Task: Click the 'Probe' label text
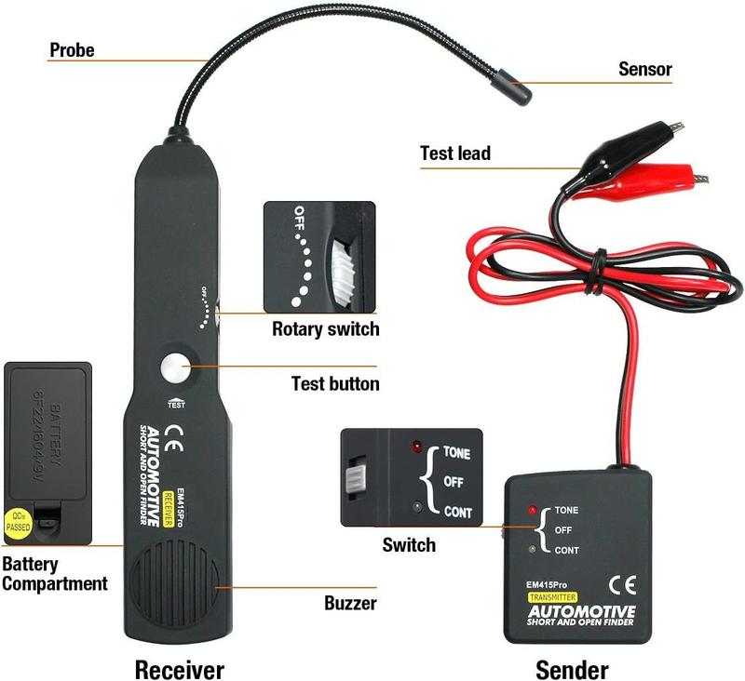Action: [72, 49]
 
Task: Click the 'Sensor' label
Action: [644, 69]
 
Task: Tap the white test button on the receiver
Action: [174, 368]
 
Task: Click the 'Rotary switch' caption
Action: [325, 328]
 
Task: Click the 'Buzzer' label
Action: [350, 603]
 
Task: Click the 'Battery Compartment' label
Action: [53, 574]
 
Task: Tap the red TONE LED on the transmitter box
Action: [532, 511]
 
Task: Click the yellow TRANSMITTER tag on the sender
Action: [551, 596]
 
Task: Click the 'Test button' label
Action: [335, 382]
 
